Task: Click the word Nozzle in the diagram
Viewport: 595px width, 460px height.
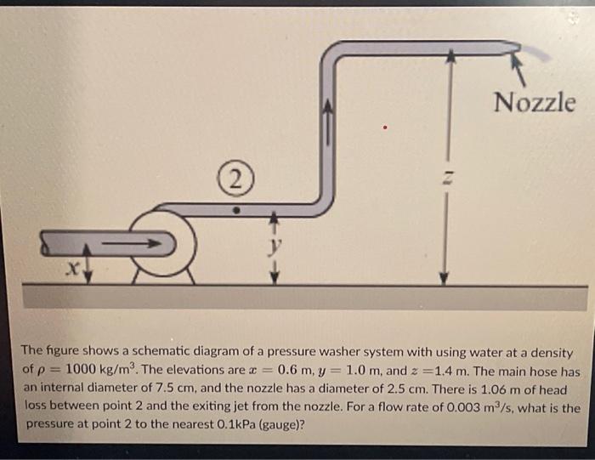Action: pyautogui.click(x=535, y=103)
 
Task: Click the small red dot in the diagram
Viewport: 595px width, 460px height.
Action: pyautogui.click(x=386, y=128)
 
